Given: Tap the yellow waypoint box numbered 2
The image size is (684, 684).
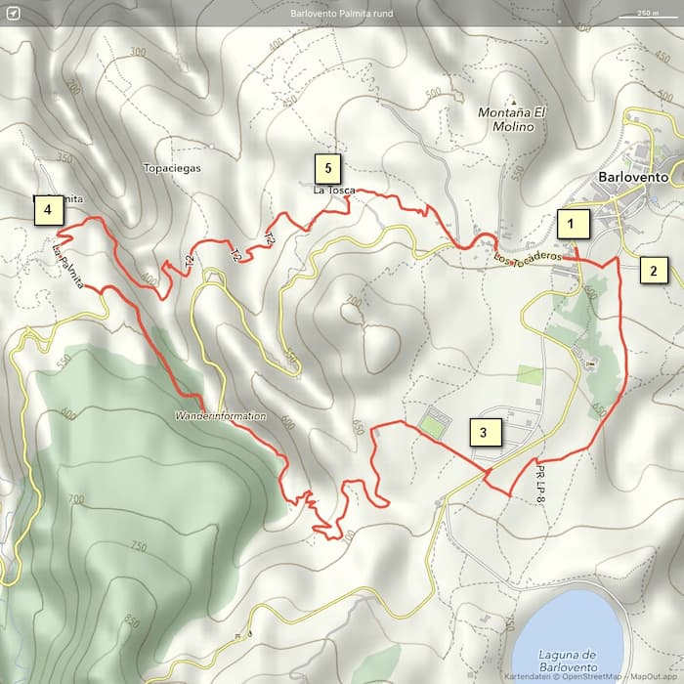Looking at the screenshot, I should (655, 270).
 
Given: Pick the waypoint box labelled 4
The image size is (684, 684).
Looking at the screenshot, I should (46, 209).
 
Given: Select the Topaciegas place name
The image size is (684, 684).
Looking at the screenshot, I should (171, 168).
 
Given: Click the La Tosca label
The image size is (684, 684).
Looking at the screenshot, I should (334, 190).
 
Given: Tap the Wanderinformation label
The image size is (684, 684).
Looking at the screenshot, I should (220, 416).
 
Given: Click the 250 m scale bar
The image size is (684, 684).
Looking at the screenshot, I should (646, 14).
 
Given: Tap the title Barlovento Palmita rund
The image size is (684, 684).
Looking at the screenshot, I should (341, 14).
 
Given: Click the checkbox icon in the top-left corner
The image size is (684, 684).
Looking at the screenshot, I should (12, 13).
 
